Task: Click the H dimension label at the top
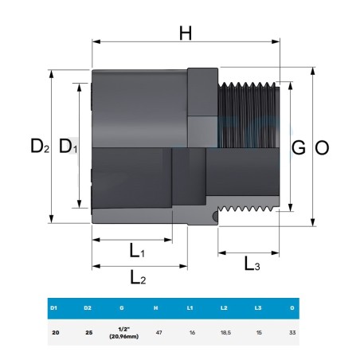(186, 33)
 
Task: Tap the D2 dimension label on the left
(40, 146)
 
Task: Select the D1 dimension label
(68, 146)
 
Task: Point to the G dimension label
(299, 147)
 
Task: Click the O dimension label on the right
(322, 148)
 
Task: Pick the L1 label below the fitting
(137, 251)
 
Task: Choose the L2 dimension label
(138, 277)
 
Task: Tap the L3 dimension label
(252, 264)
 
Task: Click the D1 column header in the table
(53, 308)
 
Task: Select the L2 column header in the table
(224, 308)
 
